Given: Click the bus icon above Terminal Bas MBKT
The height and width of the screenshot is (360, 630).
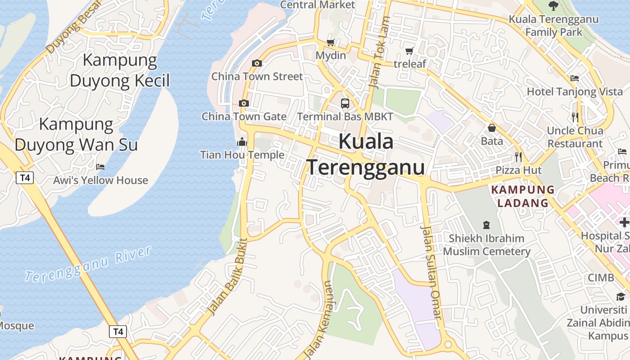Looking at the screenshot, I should click(x=345, y=103).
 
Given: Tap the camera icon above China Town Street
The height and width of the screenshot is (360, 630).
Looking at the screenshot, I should click(x=257, y=63).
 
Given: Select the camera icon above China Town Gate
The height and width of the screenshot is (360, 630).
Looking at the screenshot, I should click(x=244, y=103).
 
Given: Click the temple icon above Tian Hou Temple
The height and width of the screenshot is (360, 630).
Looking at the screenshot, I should click(x=242, y=142).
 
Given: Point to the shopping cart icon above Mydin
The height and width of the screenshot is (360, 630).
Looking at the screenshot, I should click(x=331, y=42).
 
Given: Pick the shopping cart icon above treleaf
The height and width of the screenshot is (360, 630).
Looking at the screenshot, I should click(x=409, y=51).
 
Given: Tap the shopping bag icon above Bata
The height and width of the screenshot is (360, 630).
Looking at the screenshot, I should click(x=492, y=128).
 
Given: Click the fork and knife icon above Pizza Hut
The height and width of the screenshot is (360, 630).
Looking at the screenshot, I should click(x=518, y=157).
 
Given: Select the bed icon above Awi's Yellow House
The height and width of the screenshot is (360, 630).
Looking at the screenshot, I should click(x=100, y=167).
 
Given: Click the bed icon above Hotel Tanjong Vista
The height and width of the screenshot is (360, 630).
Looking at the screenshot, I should click(x=575, y=78).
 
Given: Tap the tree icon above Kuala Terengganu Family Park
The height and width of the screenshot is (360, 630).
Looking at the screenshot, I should click(x=553, y=6).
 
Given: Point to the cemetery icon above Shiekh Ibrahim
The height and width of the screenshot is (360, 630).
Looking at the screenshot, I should click(x=486, y=225).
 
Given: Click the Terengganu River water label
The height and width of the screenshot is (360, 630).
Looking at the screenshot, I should click(x=88, y=264).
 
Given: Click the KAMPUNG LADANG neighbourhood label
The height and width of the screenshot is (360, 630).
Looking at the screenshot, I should click(x=523, y=196).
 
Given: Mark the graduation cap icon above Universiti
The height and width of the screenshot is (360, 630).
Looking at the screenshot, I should click(x=621, y=297).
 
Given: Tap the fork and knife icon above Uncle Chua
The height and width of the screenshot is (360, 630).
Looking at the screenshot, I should click(x=575, y=117).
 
